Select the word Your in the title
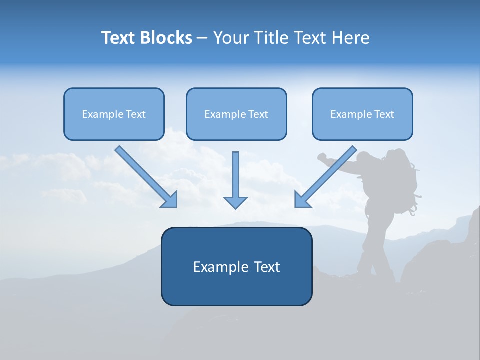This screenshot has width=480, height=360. [230, 38]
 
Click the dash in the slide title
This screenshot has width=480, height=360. [202, 38]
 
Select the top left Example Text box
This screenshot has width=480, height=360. [114, 114]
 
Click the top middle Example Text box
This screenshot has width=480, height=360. [236, 114]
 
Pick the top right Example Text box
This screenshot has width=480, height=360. [362, 114]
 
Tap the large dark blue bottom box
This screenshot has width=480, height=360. [236, 266]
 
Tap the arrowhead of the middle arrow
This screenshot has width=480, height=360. [235, 202]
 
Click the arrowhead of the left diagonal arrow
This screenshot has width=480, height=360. [170, 199]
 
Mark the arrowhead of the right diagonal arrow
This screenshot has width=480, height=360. [301, 199]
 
